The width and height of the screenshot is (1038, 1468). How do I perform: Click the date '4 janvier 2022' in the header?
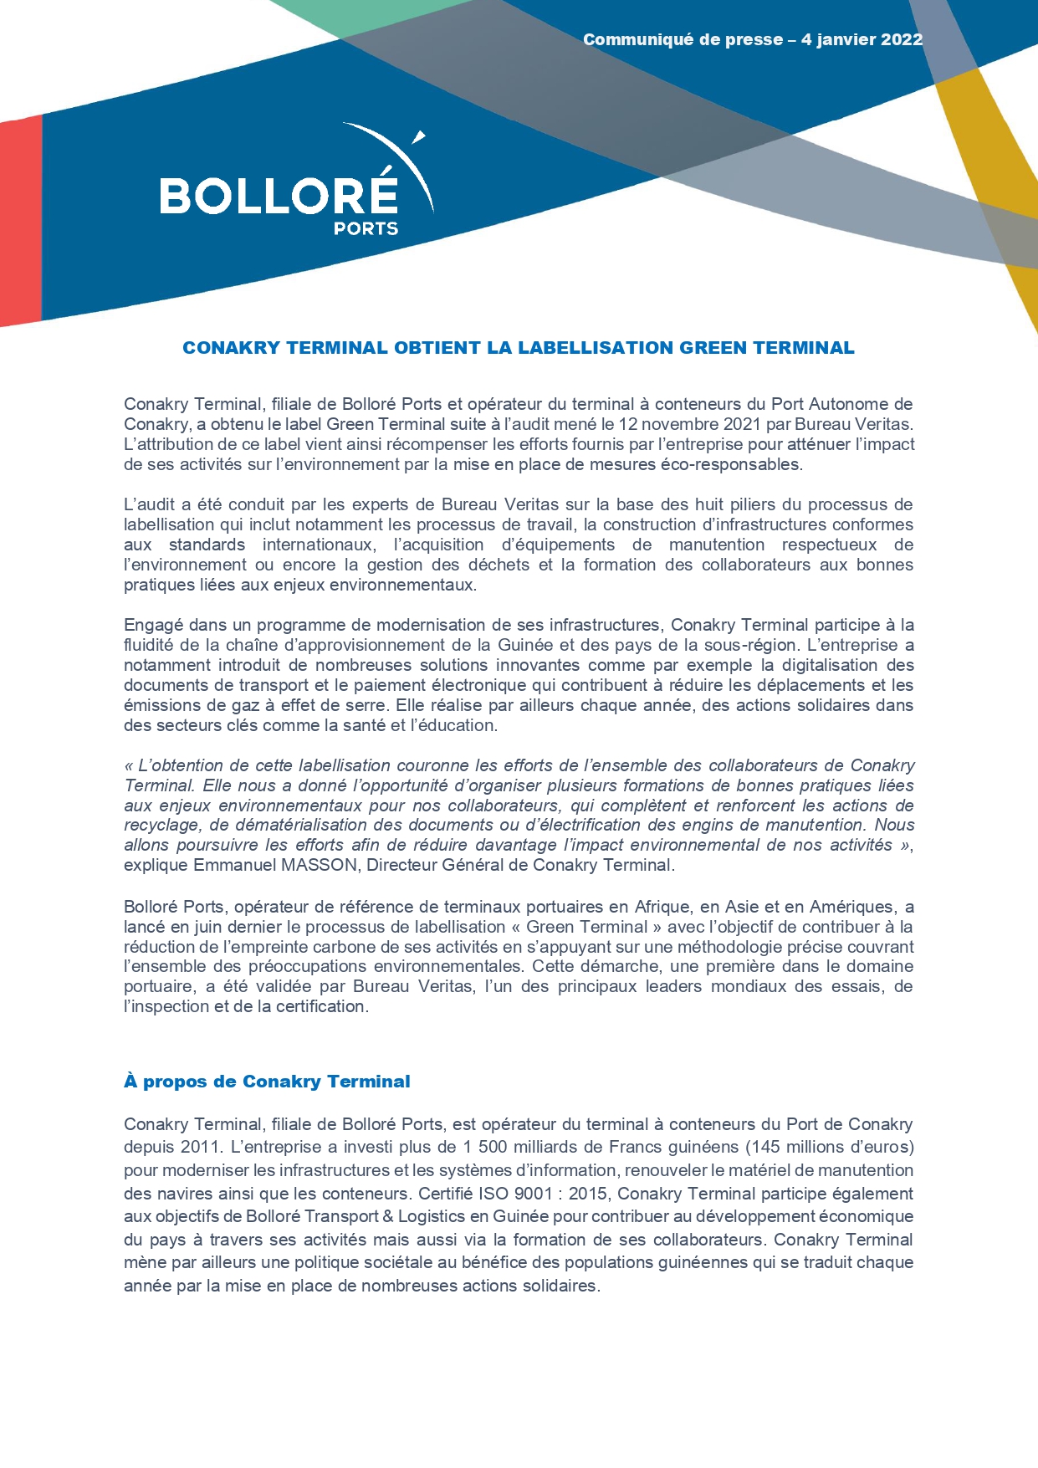(x=862, y=39)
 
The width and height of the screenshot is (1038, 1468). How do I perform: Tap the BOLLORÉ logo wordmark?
(x=279, y=196)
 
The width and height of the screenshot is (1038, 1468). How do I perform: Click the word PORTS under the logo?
(x=366, y=228)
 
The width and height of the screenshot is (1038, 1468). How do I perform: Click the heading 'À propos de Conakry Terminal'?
(x=267, y=1082)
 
